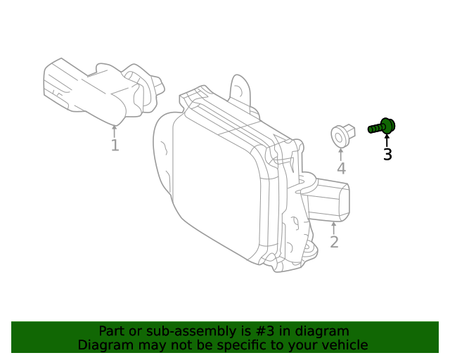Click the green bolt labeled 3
(382, 127)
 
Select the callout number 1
(115, 146)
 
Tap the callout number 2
(334, 243)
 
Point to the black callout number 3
(387, 155)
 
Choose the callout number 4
(341, 169)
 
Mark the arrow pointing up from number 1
(115, 131)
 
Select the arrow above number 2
(334, 228)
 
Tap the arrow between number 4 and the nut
(341, 153)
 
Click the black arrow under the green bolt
(387, 139)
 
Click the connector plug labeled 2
(330, 200)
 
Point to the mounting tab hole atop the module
(240, 89)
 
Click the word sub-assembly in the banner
(184, 331)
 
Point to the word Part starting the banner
(112, 331)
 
